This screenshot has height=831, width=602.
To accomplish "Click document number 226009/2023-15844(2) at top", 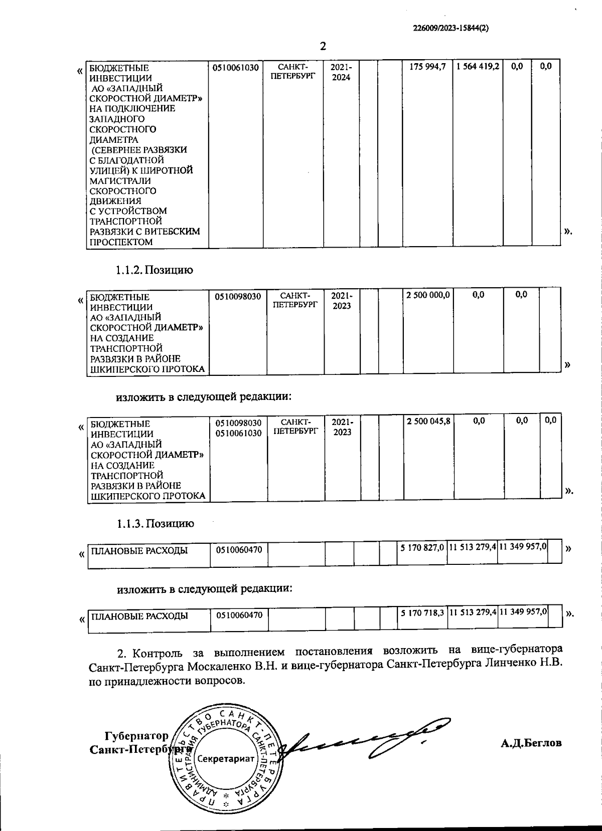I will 450,29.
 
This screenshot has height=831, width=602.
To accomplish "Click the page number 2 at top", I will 323,46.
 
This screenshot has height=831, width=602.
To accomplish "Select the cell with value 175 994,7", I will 427,67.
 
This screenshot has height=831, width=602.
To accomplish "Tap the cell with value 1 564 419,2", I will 478,67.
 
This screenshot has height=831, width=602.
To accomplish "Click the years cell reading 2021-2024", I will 341,72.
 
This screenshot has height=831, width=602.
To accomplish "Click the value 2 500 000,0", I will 428,295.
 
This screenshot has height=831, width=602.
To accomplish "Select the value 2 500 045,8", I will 428,422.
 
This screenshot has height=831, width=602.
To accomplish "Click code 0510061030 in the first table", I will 236,67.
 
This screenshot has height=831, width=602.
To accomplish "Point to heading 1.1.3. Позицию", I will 156,524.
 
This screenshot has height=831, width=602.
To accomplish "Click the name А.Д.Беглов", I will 531,743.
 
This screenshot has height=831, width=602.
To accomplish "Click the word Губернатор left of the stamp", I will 136,736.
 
